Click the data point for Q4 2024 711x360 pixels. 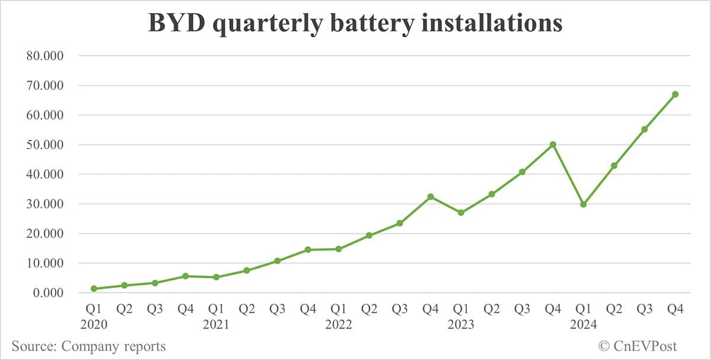tap(675, 94)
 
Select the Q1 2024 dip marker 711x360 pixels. tap(584, 204)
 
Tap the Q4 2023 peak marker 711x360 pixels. tap(553, 144)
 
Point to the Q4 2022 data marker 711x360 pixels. tap(430, 197)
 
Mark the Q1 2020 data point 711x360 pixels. tap(94, 288)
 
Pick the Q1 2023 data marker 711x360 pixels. tap(461, 213)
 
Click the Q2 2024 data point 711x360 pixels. tap(614, 166)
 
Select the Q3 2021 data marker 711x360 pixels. tap(277, 261)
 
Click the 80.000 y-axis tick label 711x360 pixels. tap(45, 56)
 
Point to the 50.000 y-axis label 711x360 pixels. tap(45, 145)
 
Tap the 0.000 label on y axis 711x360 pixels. tap(48, 293)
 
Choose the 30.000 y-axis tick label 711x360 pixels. tap(45, 204)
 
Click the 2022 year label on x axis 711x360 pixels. tap(338, 324)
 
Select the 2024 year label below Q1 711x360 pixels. tap(584, 324)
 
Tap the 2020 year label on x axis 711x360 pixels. tap(94, 324)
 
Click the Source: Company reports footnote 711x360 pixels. tap(88, 346)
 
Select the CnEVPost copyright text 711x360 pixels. tap(637, 346)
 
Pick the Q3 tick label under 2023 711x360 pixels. tap(522, 309)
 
